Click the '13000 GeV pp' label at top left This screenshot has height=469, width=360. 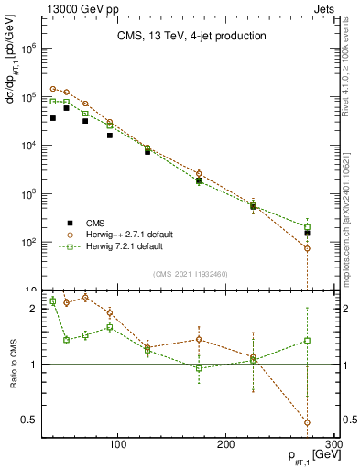77,8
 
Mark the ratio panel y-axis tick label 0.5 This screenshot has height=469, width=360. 27,420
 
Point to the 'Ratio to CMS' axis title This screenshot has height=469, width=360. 12,365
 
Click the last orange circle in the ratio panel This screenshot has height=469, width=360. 307,422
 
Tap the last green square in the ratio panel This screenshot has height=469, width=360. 307,341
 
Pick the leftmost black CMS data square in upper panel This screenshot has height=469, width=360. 53,118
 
